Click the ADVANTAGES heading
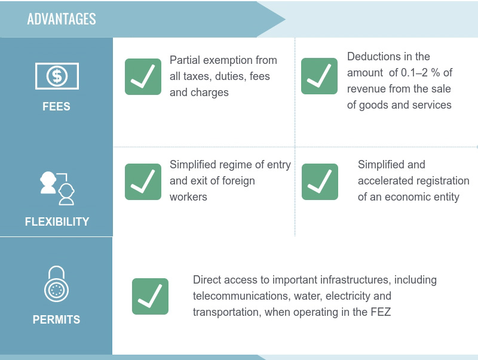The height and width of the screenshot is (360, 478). coord(62,19)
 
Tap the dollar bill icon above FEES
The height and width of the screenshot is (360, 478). coord(57,76)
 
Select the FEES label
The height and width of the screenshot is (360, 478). coord(56,107)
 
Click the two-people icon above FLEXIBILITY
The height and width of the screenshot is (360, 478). coord(57,188)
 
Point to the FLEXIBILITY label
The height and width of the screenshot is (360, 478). coord(57,221)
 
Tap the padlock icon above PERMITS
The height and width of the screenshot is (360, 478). coord(56,284)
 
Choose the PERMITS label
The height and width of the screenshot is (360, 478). coord(56,319)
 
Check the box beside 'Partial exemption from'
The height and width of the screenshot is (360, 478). coord(143,76)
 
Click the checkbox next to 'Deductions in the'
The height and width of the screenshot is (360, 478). coord(319,76)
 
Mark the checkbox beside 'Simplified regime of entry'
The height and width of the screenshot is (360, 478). coord(143,182)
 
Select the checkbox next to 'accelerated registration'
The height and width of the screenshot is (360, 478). coord(320,182)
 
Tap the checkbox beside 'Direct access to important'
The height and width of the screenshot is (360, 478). coord(150,296)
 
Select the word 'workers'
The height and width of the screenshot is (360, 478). coord(188,197)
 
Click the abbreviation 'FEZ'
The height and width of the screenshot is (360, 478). coord(381,312)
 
